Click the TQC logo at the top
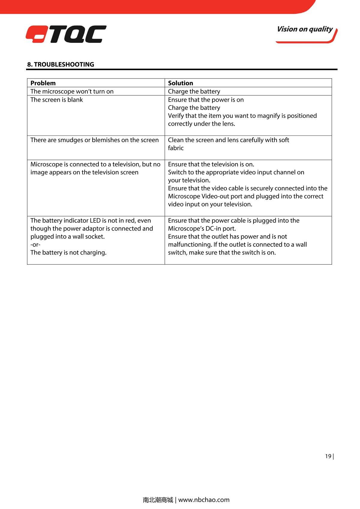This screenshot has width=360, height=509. [x=66, y=34]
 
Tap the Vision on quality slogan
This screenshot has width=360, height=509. [x=305, y=29]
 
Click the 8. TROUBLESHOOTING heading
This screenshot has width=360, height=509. [x=61, y=64]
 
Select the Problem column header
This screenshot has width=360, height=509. [x=43, y=83]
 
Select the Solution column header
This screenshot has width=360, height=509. [x=180, y=83]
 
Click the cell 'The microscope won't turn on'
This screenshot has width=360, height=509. [x=72, y=91]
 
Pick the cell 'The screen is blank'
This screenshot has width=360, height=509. [x=56, y=100]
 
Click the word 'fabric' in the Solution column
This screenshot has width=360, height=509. [x=175, y=148]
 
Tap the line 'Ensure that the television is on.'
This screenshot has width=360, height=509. [x=211, y=164]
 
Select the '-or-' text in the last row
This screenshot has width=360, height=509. [x=35, y=245]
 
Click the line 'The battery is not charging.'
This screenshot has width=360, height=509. [x=68, y=253]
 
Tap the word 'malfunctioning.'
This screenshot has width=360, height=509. [x=190, y=245]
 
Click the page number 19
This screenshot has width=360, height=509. [x=328, y=456]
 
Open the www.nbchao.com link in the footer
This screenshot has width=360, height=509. [x=204, y=500]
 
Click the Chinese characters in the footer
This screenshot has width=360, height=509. [x=158, y=500]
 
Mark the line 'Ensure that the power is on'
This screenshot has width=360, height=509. [x=206, y=100]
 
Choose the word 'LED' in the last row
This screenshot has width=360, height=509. [x=95, y=221]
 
